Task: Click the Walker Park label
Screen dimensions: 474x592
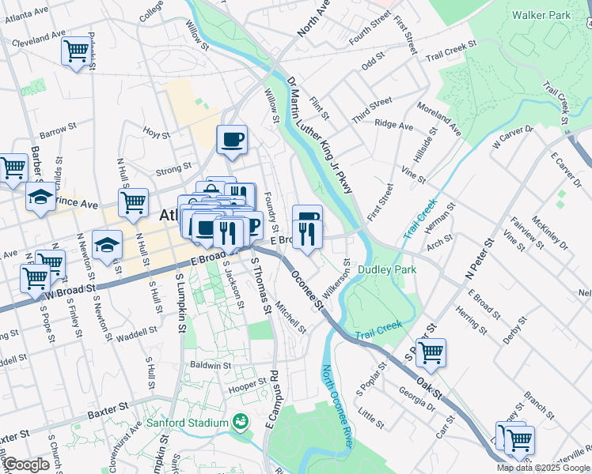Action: [541, 15]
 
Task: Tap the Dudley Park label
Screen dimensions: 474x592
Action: [388, 269]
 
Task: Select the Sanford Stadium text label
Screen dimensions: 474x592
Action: [188, 423]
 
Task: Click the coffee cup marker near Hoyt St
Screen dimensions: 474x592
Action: [232, 140]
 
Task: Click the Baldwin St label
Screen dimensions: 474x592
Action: [211, 366]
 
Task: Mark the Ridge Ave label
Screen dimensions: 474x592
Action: [394, 125]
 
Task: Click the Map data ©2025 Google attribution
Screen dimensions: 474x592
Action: [542, 468]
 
